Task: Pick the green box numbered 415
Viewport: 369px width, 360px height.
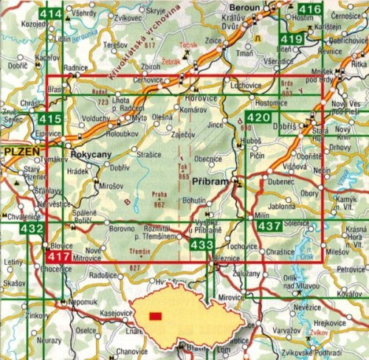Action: pos(51,118)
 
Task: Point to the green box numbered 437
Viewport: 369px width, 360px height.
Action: pos(269,226)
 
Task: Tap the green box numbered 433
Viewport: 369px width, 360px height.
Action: pos(201,243)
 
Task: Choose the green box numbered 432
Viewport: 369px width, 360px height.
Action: pos(32,231)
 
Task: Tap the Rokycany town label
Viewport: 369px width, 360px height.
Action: pos(92,156)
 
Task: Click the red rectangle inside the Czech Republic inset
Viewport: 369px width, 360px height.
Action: pos(155,316)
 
